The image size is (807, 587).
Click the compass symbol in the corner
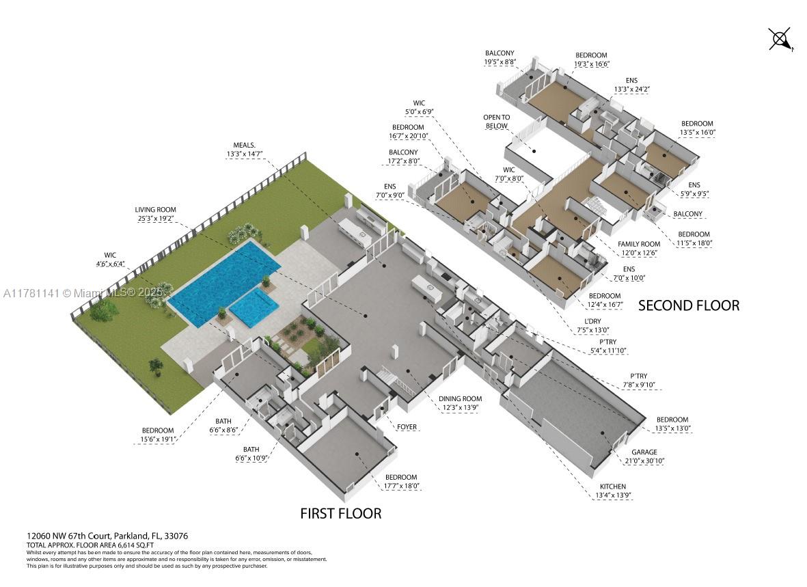[x=780, y=39]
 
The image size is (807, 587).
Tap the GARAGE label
[x=644, y=452]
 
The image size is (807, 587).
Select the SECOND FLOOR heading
[x=688, y=305]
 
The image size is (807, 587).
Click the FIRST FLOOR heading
[x=340, y=513]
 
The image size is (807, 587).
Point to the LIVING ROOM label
[x=156, y=210]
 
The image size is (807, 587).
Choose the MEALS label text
[x=244, y=145]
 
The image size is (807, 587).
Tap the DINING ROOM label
[x=460, y=399]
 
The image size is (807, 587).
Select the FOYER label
[x=407, y=428]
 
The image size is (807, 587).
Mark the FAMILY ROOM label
[x=638, y=244]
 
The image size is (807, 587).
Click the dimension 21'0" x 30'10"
[x=644, y=461]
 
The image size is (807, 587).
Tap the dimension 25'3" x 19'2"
[x=156, y=219]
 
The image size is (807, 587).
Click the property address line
[x=107, y=536]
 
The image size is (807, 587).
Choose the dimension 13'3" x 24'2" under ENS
[x=631, y=89]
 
